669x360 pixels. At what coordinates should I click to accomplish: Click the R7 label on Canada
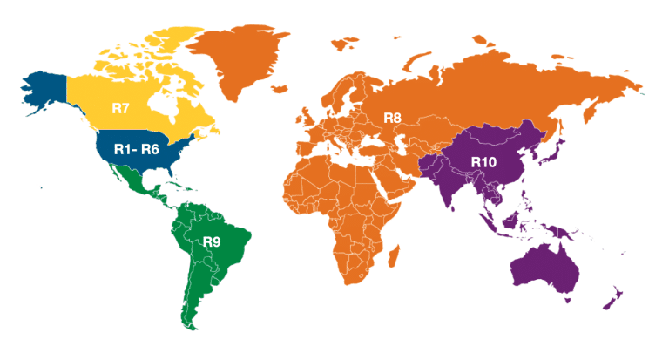(x=121, y=109)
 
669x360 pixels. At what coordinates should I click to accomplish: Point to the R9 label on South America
(x=212, y=242)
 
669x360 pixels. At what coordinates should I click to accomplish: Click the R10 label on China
(x=484, y=161)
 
